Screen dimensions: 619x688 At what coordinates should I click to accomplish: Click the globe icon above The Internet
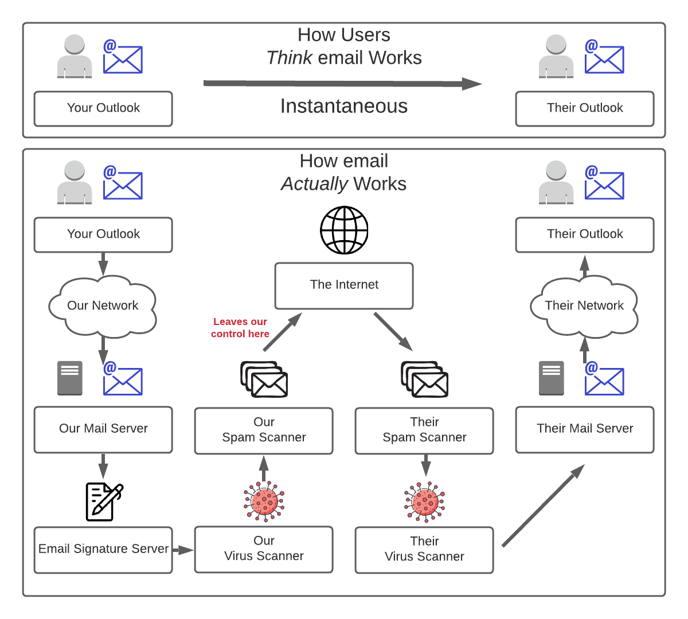click(344, 230)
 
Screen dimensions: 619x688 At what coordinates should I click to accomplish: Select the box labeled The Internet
click(344, 285)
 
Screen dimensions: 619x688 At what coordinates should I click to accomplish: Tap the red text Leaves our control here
click(240, 328)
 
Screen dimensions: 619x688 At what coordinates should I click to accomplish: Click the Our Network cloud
click(103, 306)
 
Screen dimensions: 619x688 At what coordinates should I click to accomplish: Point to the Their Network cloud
click(584, 306)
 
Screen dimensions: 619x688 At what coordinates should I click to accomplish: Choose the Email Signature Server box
click(103, 550)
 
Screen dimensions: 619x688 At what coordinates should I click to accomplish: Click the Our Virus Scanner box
click(264, 549)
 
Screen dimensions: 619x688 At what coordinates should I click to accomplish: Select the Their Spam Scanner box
click(424, 430)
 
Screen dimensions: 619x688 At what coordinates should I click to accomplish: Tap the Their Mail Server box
click(585, 429)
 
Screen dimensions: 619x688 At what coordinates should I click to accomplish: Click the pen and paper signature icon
click(104, 502)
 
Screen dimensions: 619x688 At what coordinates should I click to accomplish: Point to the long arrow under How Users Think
click(342, 84)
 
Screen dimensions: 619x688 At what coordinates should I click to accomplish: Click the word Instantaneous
click(344, 107)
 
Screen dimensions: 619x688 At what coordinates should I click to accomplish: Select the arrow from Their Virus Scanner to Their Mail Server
click(543, 506)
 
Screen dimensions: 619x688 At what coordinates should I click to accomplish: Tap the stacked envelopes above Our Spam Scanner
click(264, 379)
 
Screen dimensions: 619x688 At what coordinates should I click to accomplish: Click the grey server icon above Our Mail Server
click(70, 378)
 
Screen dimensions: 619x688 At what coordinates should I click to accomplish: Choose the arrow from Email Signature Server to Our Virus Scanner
click(183, 550)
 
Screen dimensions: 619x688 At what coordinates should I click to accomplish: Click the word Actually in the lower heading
click(314, 184)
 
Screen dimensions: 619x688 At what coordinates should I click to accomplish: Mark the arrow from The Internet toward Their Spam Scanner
click(393, 331)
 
